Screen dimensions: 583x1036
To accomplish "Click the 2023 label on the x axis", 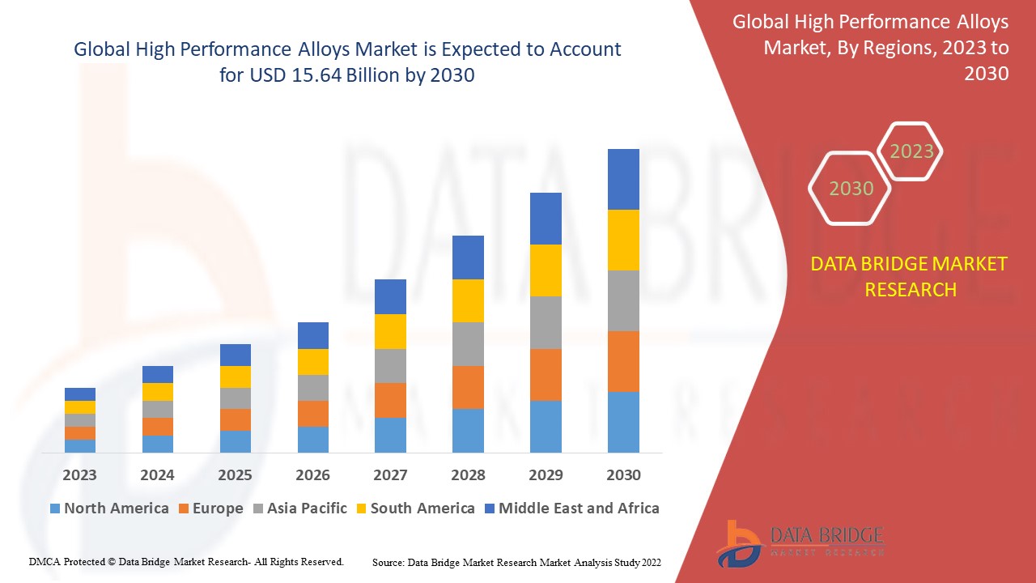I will [x=79, y=474].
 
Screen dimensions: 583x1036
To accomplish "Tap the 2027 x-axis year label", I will [x=390, y=474].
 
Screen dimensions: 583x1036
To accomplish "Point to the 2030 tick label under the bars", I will [x=623, y=474].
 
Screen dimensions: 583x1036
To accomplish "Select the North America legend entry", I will [x=109, y=509].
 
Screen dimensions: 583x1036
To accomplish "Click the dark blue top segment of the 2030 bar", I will [x=623, y=179].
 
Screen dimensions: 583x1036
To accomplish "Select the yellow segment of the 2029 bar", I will [x=546, y=270].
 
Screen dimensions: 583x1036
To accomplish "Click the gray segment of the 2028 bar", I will [x=468, y=344].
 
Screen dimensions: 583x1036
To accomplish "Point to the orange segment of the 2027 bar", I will [x=390, y=400].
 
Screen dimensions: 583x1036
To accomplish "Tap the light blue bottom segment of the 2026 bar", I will [x=312, y=439].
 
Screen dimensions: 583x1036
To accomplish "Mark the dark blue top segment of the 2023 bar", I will [x=79, y=394].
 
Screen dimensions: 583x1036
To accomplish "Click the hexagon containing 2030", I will [x=850, y=189].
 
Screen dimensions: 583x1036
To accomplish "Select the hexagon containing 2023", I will [x=911, y=151].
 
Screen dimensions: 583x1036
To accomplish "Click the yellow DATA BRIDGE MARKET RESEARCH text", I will [x=910, y=276].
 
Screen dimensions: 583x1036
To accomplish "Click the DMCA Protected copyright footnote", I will [x=186, y=561].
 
